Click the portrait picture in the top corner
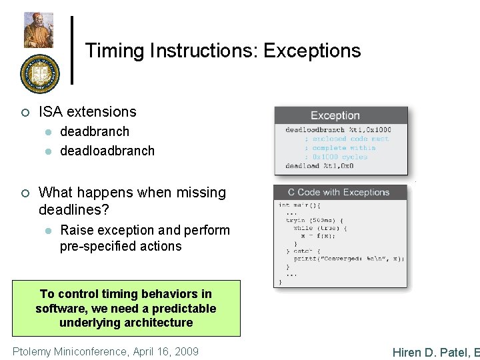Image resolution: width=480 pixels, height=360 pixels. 39,30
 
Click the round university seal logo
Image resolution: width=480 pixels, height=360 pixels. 39,74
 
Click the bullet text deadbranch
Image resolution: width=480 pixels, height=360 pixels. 95,132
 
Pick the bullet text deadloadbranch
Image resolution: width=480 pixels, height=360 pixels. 107,151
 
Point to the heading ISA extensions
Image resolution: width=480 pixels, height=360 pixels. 87,112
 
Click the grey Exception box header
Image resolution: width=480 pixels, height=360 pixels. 341,116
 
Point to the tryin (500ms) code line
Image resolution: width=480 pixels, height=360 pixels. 315,220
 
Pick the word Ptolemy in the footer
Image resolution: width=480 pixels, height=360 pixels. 32,351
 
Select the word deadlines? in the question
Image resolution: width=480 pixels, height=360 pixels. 74,210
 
